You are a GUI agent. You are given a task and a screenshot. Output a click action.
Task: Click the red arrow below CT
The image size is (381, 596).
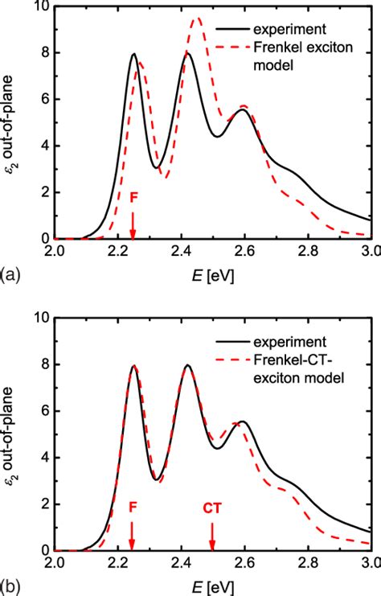[212, 534]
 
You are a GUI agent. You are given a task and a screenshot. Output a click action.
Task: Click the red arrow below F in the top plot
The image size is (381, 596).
[133, 224]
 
